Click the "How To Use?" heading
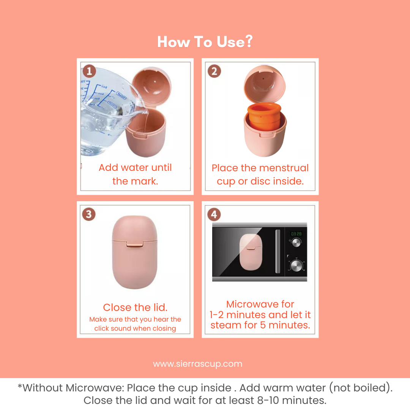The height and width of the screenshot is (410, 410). point(205,42)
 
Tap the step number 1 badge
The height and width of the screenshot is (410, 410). point(89,71)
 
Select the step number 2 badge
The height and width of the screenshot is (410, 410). point(214,71)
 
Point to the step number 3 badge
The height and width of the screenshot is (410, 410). point(89,214)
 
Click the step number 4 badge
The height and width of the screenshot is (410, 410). point(214,214)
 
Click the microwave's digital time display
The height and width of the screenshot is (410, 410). point(296,234)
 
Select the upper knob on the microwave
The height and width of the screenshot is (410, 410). point(296,243)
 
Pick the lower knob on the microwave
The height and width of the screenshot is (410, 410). point(296,266)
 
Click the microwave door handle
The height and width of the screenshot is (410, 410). point(278,251)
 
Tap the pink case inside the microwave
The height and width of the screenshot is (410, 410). point(251,252)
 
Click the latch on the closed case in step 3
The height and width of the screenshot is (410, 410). point(135,244)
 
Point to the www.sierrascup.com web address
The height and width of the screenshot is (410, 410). point(198,364)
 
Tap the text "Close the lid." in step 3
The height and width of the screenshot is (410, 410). point(135,307)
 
